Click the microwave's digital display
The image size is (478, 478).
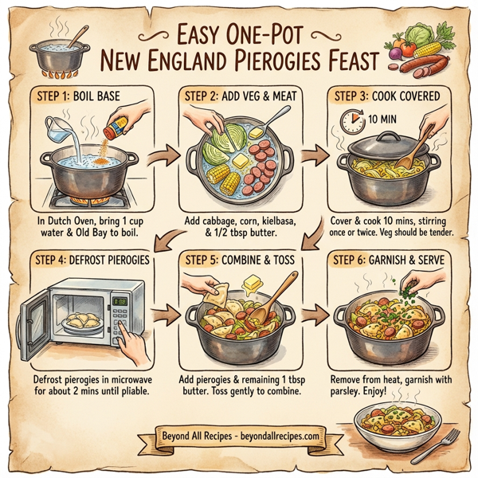pos(122,301)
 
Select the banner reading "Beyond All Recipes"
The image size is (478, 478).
pos(233,437)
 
